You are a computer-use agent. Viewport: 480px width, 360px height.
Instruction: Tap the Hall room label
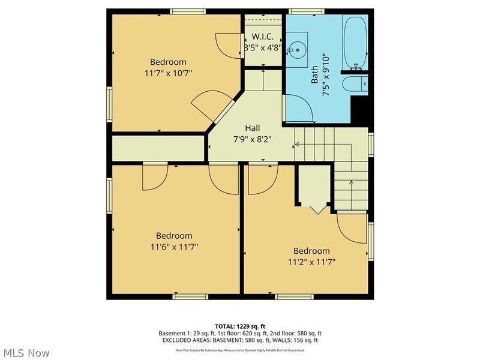point(252,128)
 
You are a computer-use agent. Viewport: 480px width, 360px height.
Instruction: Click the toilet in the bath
point(359,83)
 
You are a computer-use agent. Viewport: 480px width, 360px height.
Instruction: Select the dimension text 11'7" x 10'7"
point(168,73)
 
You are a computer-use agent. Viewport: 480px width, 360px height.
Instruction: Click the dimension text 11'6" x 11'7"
point(174,246)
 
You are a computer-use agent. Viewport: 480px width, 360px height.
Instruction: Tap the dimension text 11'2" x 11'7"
point(311,262)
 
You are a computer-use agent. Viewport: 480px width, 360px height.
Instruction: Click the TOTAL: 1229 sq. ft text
point(240,326)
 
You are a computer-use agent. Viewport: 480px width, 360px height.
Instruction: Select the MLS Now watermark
point(25,353)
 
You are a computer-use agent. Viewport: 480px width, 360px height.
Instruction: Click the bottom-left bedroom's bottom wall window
point(190,296)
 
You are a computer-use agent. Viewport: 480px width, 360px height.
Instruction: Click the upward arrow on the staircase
point(350,183)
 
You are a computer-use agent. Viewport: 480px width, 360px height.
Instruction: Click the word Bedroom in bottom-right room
point(311,251)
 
